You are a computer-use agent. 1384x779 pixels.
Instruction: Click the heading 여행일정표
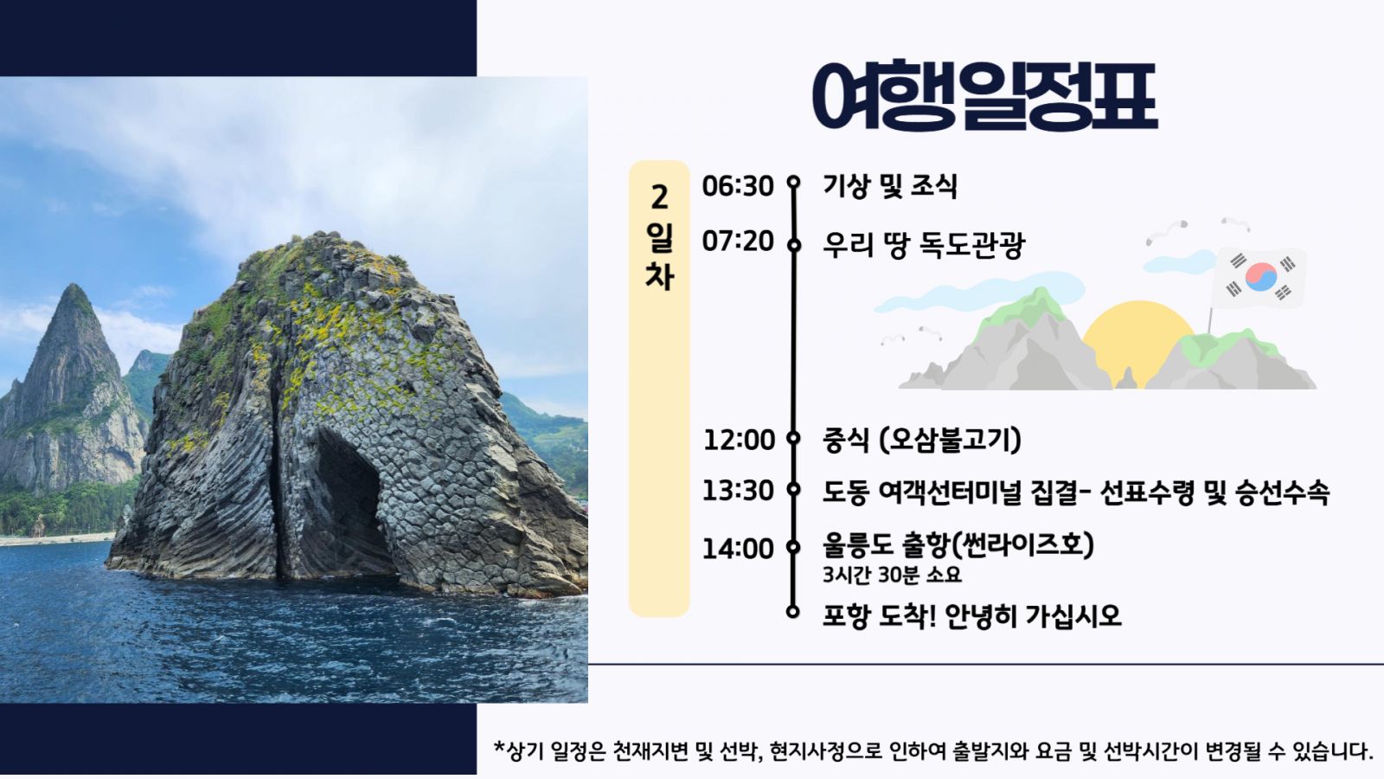984,96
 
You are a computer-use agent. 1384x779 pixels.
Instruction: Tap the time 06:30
738,186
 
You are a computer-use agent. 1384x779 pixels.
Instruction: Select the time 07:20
738,241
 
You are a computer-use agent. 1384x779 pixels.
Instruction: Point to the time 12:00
739,441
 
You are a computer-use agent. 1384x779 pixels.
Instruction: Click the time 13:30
738,491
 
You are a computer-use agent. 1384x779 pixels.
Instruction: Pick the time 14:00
738,549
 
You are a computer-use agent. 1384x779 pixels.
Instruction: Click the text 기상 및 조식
890,186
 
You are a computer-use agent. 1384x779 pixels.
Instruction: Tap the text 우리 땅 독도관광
924,245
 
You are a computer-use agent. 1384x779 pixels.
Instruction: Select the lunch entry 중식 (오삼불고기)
922,441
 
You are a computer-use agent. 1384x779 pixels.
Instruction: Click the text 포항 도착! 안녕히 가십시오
972,615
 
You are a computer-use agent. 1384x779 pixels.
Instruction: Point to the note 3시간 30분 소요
892,575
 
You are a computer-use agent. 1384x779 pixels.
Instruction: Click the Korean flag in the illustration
1259,278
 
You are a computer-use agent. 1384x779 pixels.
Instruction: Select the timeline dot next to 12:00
793,438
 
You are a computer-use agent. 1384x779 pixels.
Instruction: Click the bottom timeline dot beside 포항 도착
793,611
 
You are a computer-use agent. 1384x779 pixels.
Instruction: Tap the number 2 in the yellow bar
659,198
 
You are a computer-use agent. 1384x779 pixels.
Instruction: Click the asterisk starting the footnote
499,747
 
